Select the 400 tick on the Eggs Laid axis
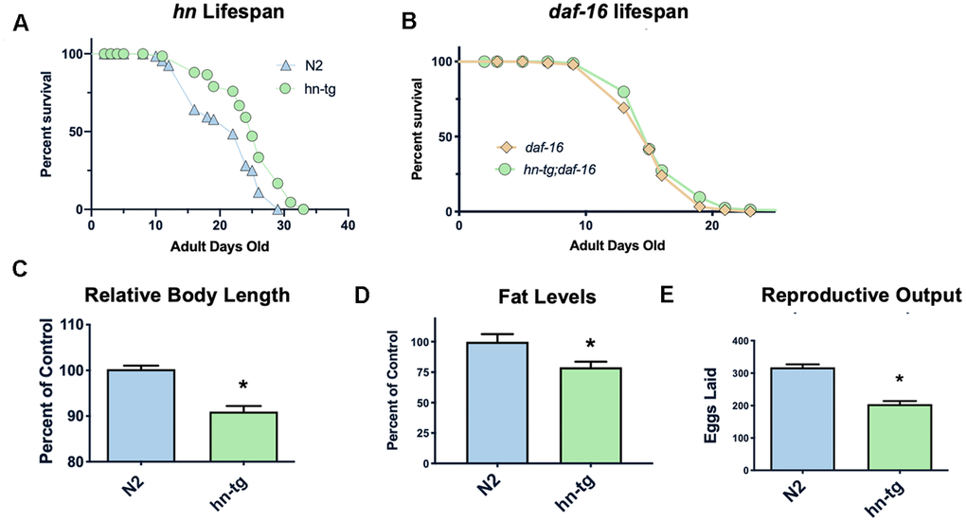click(x=748, y=340)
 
